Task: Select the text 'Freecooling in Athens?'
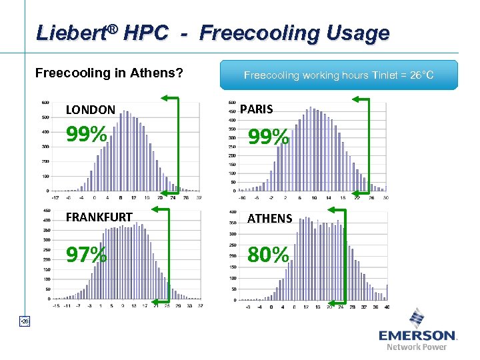109,72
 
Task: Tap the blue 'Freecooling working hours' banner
339,75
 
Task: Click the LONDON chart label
91,109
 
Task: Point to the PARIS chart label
256,108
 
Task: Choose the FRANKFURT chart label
99,217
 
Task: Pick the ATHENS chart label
270,218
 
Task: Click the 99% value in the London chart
86,135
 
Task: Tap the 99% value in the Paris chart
269,137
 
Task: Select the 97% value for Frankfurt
86,254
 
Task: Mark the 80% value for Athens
269,254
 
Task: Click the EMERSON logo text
417,335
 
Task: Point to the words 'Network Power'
417,347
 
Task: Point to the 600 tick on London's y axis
45,103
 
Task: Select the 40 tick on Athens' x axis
386,307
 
